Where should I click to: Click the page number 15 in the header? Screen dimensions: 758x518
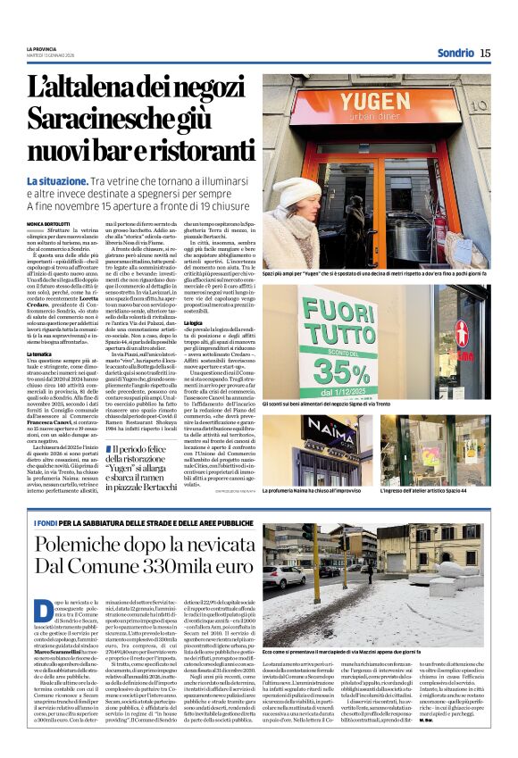click(x=485, y=53)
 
